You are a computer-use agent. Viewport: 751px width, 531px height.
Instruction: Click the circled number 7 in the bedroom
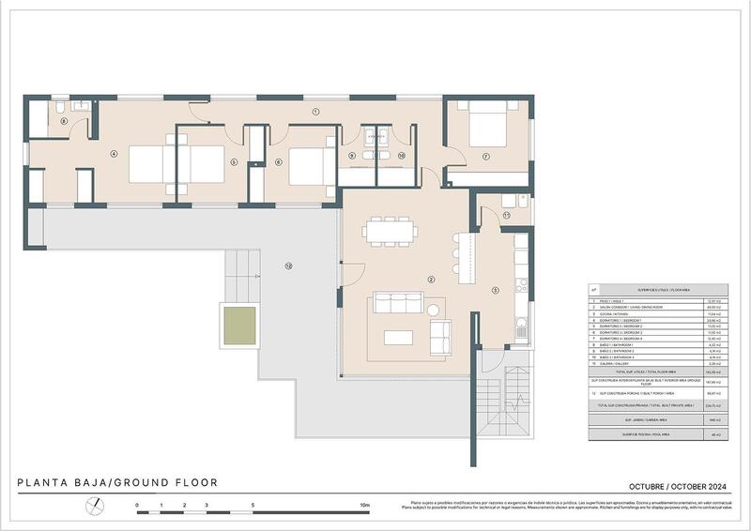(485, 156)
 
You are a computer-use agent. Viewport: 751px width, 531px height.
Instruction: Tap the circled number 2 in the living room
(431, 280)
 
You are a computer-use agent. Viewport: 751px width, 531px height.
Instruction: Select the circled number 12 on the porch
(288, 266)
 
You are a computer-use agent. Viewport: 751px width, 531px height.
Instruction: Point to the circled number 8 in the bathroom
(64, 121)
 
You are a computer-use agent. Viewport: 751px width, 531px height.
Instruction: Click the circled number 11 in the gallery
(505, 215)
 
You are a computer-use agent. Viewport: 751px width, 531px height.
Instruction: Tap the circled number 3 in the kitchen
(496, 289)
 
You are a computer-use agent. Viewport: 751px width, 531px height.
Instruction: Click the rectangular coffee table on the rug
(398, 336)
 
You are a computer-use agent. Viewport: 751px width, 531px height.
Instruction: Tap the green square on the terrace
(238, 325)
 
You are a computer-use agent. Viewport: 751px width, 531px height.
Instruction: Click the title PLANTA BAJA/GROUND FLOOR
(117, 483)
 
